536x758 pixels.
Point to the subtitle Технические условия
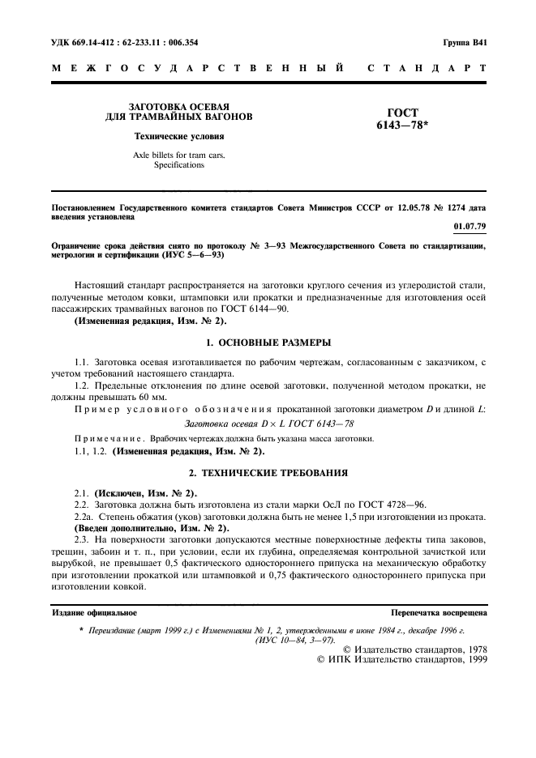click(x=169, y=136)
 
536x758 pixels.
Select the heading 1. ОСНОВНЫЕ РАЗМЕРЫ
click(x=267, y=342)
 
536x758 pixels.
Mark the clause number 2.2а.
click(x=84, y=516)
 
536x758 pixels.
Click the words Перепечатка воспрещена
click(x=438, y=613)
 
